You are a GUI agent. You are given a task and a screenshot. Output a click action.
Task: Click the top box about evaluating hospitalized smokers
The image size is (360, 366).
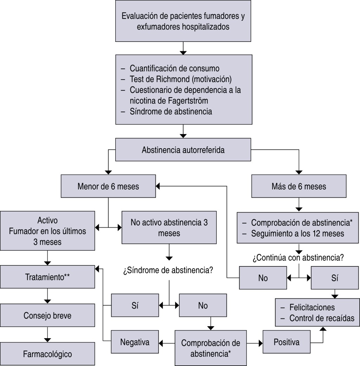pos(183,21)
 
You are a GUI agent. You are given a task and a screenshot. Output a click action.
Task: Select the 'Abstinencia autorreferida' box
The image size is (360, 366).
pos(183,150)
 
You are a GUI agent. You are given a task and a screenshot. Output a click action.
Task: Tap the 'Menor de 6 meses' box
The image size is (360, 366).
pos(108,186)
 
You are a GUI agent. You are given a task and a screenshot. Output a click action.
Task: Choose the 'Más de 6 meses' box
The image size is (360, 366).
pos(298,186)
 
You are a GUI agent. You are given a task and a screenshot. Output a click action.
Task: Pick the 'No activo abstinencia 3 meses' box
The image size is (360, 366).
pos(169,228)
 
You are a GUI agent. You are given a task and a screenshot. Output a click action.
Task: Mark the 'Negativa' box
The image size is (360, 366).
pos(135,342)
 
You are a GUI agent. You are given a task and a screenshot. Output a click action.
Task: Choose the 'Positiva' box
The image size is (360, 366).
pos(286,342)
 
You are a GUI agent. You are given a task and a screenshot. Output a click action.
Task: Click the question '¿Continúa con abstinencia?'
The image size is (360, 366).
pos(298,258)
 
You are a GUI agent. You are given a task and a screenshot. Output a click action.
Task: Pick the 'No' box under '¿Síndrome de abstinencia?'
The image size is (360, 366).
pos(202,305)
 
